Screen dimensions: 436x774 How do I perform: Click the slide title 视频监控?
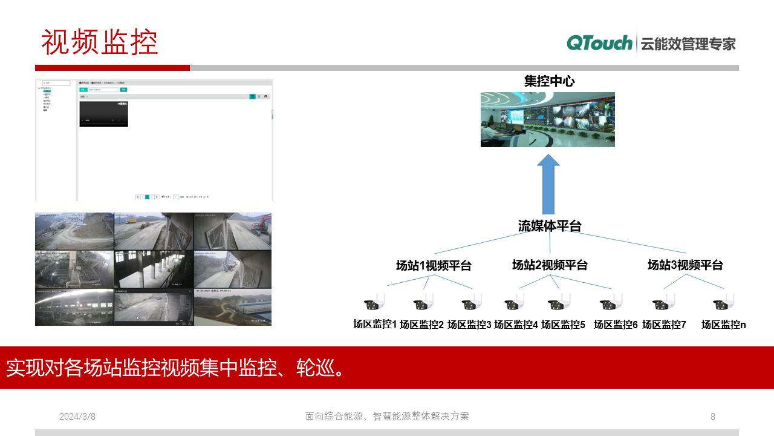100,42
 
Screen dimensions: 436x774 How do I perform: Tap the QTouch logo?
599,43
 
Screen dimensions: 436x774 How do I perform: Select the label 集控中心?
549,81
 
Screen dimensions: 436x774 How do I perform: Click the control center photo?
547,119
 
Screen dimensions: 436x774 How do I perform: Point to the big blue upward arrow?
548,185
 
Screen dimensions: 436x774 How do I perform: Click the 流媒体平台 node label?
549,226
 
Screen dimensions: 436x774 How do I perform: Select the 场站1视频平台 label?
434,265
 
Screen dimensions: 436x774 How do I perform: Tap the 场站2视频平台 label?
550,265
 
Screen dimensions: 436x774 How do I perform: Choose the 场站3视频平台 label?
685,265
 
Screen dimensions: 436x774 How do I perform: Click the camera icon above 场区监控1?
374,303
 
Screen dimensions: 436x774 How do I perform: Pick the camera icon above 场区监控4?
514,303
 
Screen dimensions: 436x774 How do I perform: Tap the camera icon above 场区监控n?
724,303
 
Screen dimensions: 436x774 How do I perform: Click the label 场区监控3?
469,325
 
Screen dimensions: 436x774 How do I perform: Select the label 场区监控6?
616,325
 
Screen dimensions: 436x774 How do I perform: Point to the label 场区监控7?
664,325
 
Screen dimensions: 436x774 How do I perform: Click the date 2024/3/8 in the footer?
77,417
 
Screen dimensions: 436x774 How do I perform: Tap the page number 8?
713,417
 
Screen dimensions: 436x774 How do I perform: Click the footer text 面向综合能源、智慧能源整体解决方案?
387,417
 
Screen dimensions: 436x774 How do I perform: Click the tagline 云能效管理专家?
688,44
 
